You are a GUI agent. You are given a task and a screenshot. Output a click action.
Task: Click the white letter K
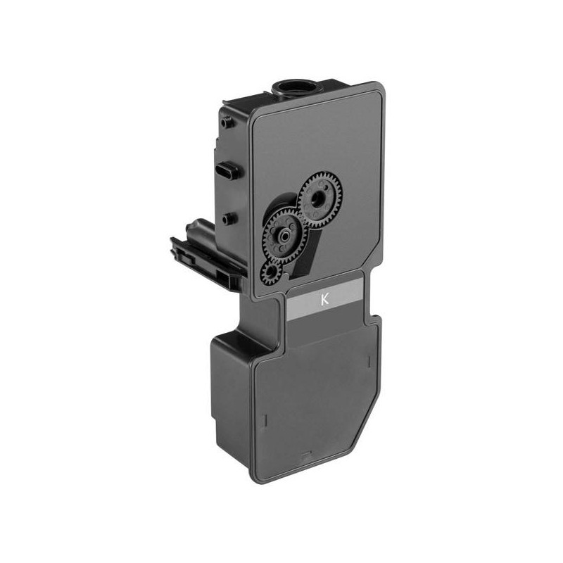(324, 299)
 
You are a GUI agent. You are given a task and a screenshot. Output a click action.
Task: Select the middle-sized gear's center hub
(285, 236)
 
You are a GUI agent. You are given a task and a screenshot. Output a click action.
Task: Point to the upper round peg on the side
(225, 123)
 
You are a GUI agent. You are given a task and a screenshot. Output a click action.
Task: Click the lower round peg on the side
(225, 219)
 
